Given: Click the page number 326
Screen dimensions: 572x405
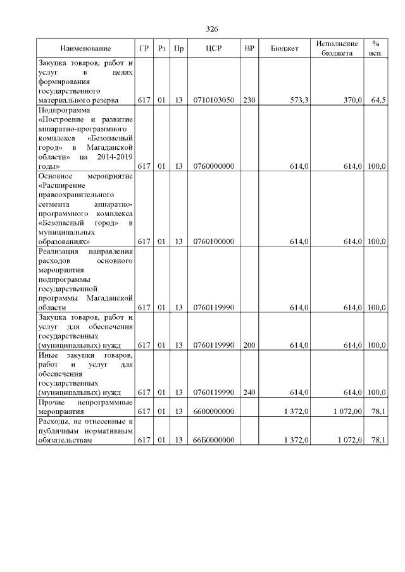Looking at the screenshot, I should pos(212,29).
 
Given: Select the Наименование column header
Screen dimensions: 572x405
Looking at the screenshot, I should pos(85,49).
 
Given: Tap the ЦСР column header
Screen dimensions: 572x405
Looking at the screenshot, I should pos(213,49).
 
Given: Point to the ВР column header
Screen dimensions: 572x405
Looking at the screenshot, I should pos(249,49).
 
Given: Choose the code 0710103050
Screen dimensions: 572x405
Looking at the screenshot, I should pos(214,100).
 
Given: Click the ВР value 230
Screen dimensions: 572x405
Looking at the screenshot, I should pos(249,100).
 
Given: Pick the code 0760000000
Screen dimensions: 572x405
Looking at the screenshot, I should pos(214,166).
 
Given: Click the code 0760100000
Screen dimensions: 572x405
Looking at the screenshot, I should pos(214,241).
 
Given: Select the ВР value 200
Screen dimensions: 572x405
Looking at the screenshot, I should pos(249,346).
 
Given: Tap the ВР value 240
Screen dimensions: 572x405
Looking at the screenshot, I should pos(249,392).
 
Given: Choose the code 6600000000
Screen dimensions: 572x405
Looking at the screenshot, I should pos(214,411).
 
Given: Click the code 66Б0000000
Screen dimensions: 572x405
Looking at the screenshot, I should pos(214,441).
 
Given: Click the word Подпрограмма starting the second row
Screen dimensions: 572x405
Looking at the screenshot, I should pos(64,109).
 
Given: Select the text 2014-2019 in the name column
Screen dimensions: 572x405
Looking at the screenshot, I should pos(114,157).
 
